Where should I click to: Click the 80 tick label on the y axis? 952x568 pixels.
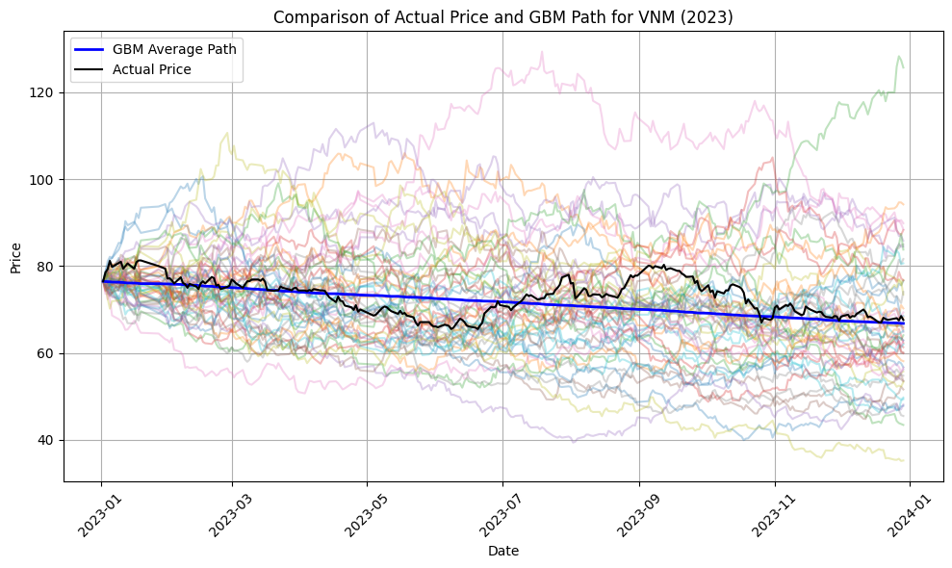[48, 267]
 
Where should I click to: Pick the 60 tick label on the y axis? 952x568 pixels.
[48, 353]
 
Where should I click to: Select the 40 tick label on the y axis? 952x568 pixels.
[48, 440]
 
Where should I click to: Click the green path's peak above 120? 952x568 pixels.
[899, 57]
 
